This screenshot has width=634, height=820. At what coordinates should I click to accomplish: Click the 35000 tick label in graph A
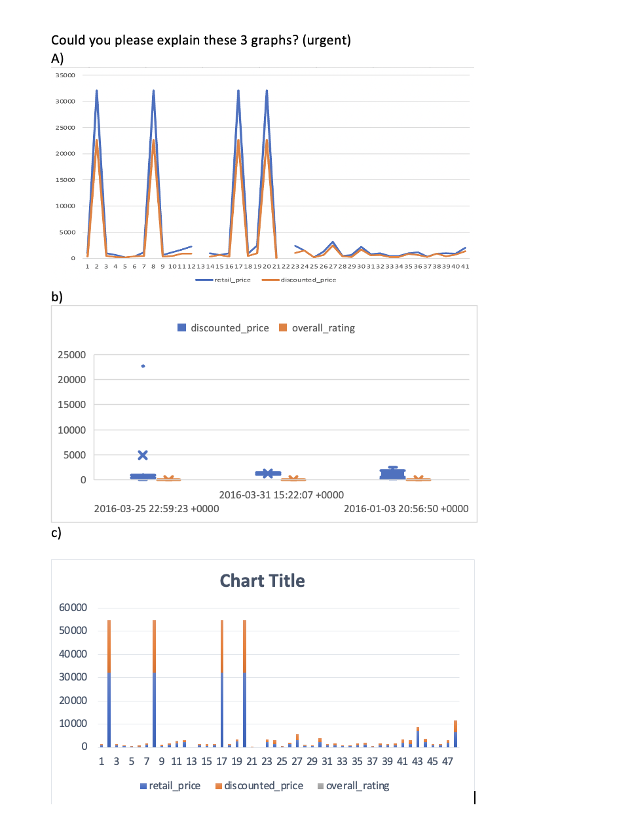[x=65, y=75]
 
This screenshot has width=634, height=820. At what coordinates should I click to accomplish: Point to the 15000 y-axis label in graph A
[x=65, y=180]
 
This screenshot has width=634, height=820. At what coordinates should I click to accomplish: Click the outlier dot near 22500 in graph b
[x=143, y=366]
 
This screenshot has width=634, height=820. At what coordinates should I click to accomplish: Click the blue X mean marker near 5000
[x=143, y=455]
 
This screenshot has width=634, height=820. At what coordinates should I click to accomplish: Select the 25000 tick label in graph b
[x=71, y=355]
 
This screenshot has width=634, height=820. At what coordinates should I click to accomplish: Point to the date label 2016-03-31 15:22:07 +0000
[x=281, y=495]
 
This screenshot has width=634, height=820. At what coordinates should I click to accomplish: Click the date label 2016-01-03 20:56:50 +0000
[x=406, y=509]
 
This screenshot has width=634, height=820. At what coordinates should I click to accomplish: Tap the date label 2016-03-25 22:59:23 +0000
[x=157, y=509]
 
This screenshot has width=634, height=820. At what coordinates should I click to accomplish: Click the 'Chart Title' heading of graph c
[x=262, y=581]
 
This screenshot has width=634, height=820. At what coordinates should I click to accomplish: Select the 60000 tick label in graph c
[x=73, y=608]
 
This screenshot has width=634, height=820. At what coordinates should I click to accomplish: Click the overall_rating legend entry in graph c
[x=357, y=786]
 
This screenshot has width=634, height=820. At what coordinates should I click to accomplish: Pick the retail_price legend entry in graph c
[x=174, y=786]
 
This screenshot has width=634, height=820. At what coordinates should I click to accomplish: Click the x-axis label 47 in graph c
[x=447, y=762]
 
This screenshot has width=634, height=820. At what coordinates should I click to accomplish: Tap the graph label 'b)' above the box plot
[x=57, y=297]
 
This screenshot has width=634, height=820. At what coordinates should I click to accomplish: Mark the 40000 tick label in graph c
[x=73, y=654]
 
